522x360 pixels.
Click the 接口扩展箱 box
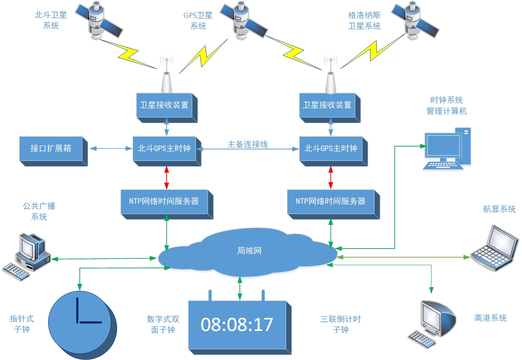pyautogui.click(x=53, y=151)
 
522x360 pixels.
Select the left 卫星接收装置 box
pyautogui.click(x=167, y=108)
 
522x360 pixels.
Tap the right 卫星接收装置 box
pyautogui.click(x=330, y=108)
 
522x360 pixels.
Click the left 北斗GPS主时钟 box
pyautogui.click(x=167, y=151)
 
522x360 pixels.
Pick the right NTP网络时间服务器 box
pyautogui.click(x=334, y=204)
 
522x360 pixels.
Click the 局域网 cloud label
pyautogui.click(x=249, y=251)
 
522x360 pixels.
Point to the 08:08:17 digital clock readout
pyautogui.click(x=237, y=324)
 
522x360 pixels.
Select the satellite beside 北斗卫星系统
pyautogui.click(x=99, y=20)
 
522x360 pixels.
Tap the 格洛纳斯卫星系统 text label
pyautogui.click(x=364, y=20)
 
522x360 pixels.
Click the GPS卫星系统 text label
pyautogui.click(x=198, y=20)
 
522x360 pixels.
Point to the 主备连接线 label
pyautogui.click(x=248, y=144)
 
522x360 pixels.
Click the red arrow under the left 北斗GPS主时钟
pyautogui.click(x=167, y=178)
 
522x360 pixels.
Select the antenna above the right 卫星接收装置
pyautogui.click(x=331, y=75)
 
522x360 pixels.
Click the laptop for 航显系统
pyautogui.click(x=495, y=248)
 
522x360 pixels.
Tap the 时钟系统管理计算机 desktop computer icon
pyautogui.click(x=447, y=149)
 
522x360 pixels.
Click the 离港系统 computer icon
pyautogui.click(x=432, y=324)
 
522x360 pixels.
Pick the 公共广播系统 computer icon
pyautogui.click(x=27, y=257)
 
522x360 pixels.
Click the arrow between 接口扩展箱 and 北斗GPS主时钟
pyautogui.click(x=111, y=149)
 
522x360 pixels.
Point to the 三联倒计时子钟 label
pyautogui.click(x=341, y=324)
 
